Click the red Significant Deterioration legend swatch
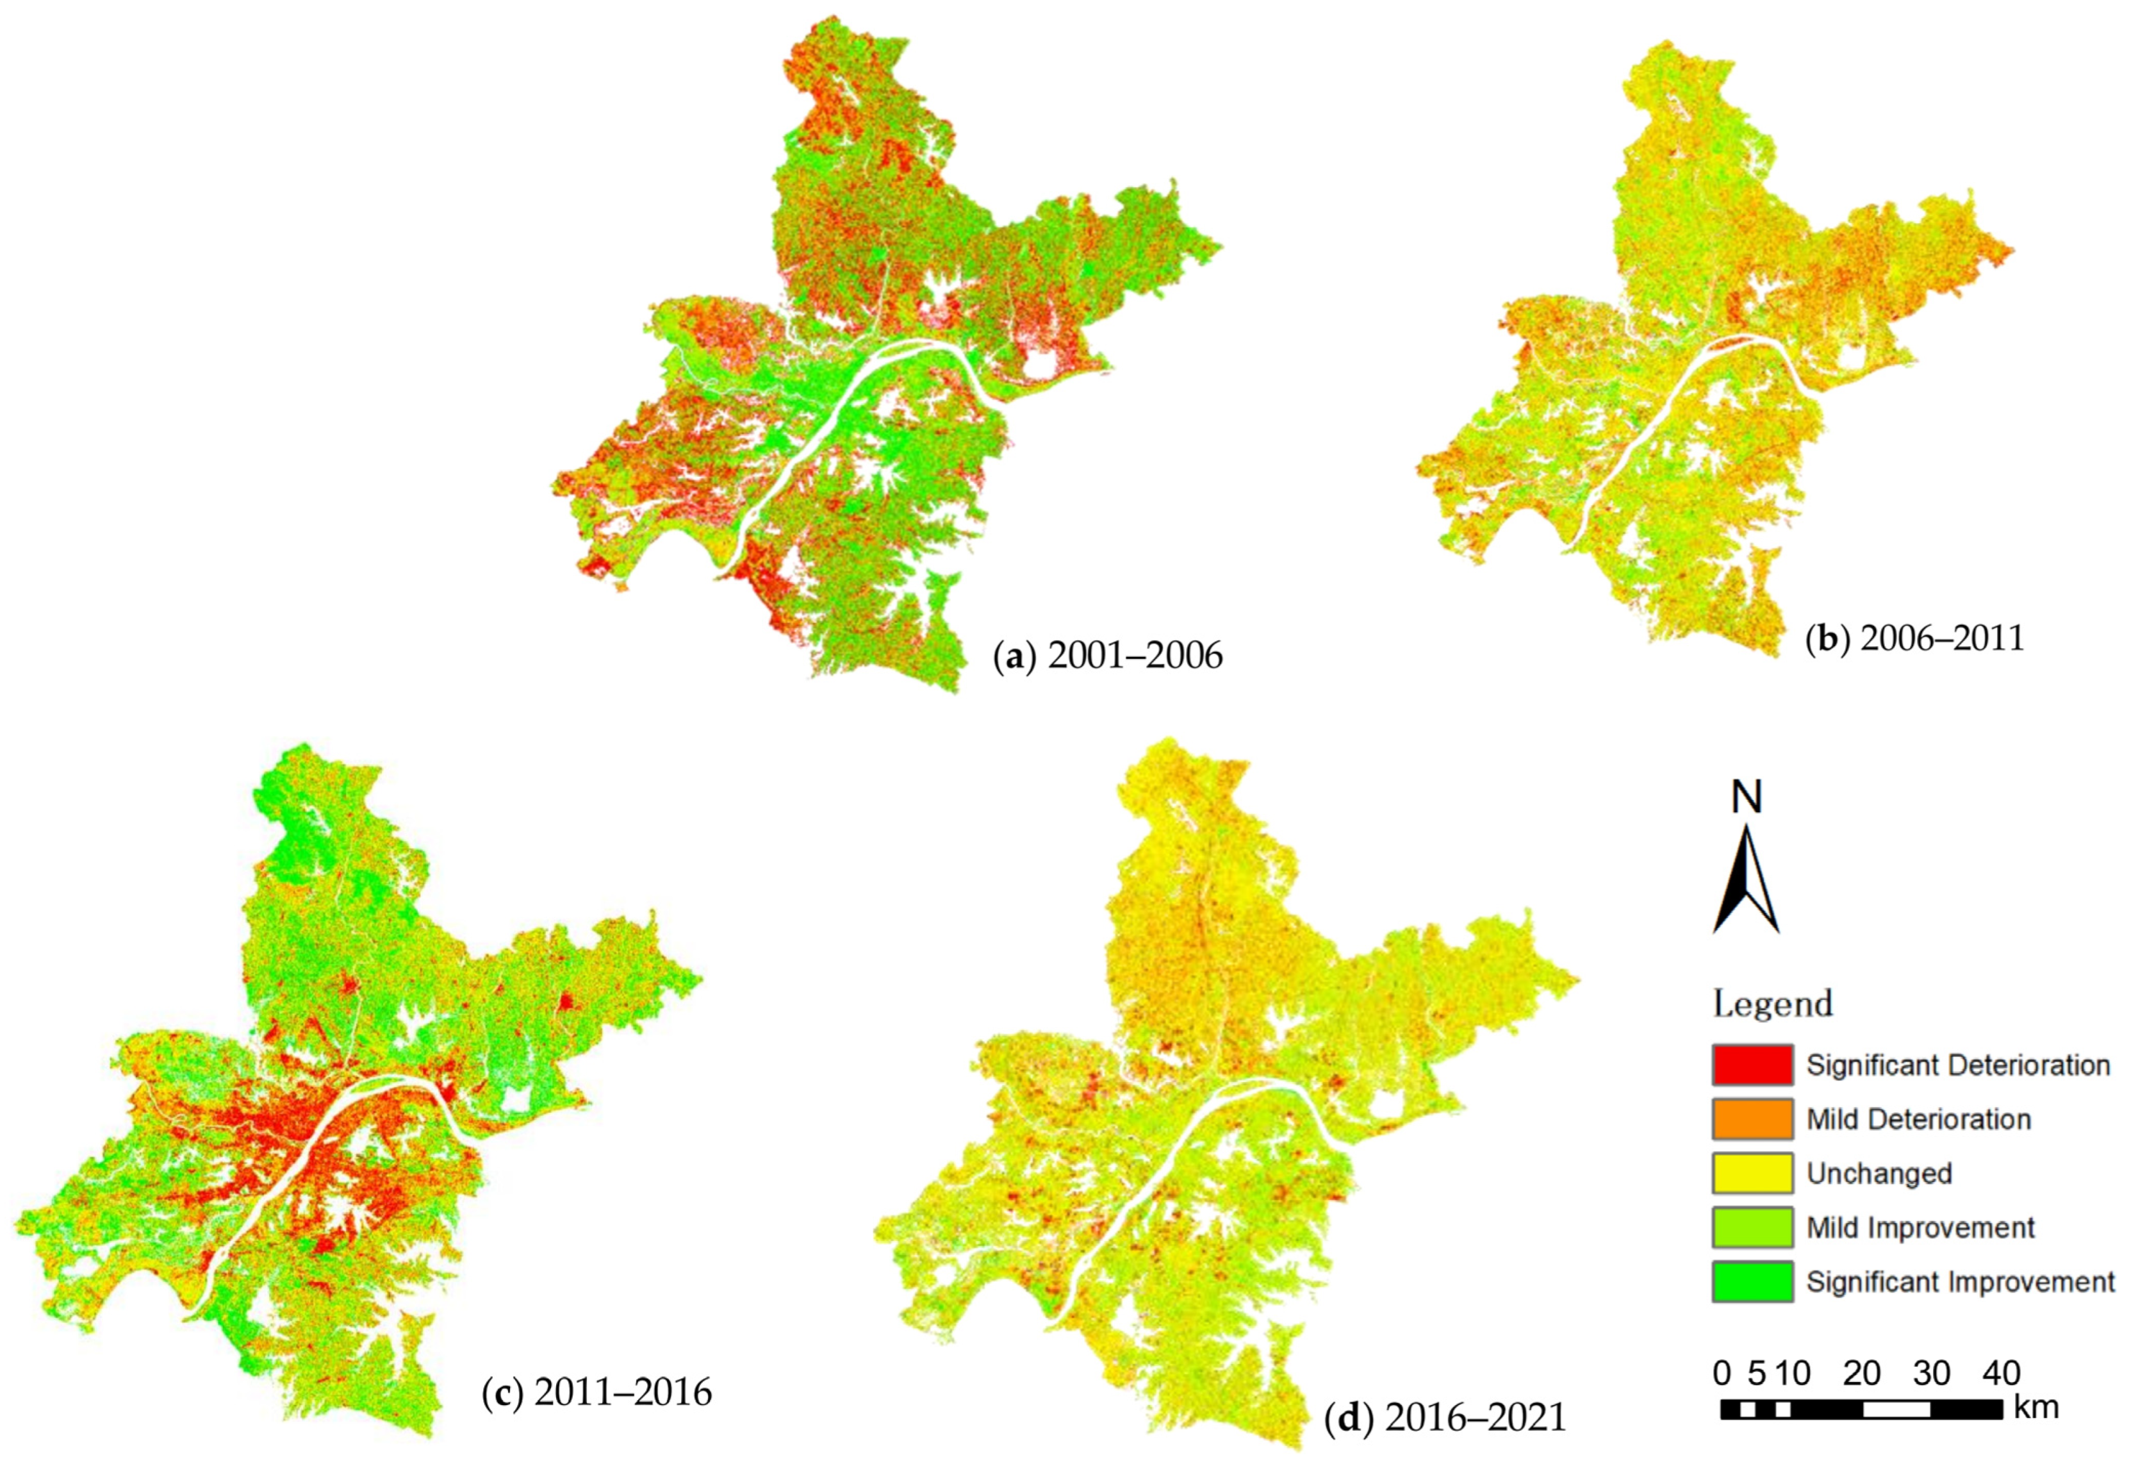pos(1752,1065)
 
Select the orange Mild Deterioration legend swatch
pos(1752,1119)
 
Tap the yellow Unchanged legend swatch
pos(1752,1173)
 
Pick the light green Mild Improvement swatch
pos(1752,1227)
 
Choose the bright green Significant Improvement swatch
pos(1752,1282)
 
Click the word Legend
pos(1772,1004)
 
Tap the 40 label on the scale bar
pos(2000,1374)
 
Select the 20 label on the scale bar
pos(1861,1374)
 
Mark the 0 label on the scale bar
pos(1722,1374)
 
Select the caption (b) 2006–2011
pos(1914,638)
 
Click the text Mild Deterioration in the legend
pos(1918,1120)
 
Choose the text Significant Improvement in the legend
pos(1959,1282)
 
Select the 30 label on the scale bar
pos(1931,1374)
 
